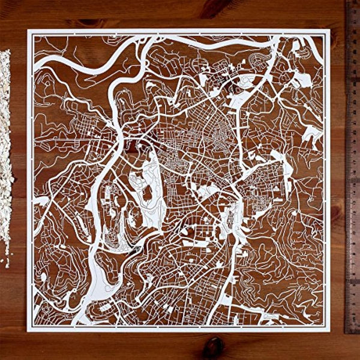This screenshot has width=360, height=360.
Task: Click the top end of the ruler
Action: tap(352, 2)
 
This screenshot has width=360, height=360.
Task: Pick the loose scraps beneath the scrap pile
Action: tap(7, 259)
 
